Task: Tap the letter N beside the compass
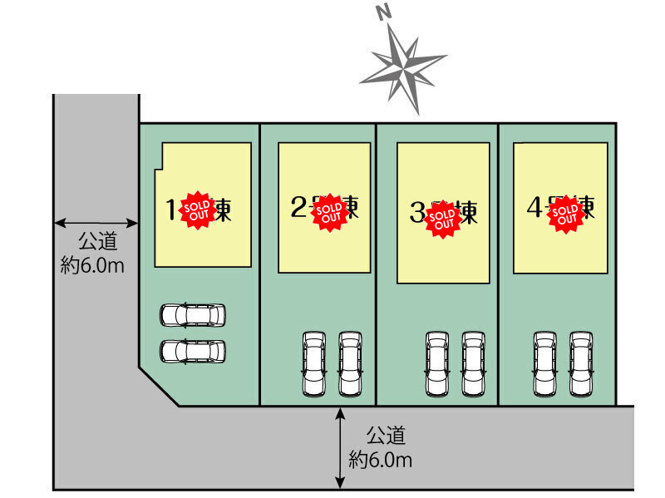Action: click(383, 12)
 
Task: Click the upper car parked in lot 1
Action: click(193, 315)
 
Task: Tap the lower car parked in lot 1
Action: click(193, 352)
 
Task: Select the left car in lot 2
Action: click(314, 364)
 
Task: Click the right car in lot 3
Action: click(474, 364)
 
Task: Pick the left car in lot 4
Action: click(545, 364)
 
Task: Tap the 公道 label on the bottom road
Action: click(386, 435)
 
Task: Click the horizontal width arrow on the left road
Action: click(96, 223)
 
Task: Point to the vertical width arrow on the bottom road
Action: click(340, 449)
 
